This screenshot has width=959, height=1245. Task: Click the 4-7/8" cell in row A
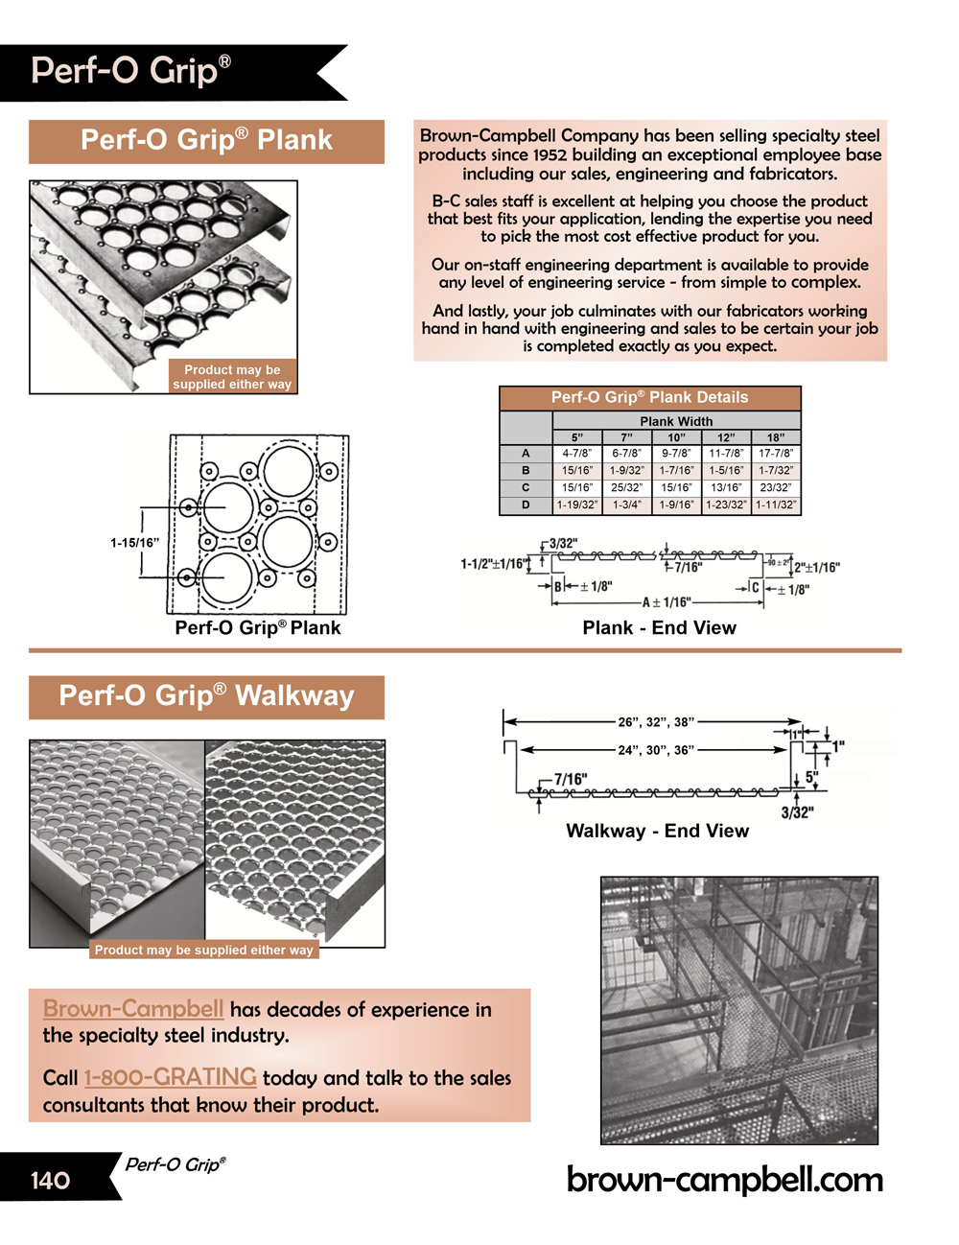tap(576, 454)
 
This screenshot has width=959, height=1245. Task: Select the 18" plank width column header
tap(775, 437)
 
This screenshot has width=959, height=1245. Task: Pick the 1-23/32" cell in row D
tap(726, 505)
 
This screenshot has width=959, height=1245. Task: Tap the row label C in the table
tap(526, 487)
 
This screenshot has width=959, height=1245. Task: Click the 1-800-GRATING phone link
tap(170, 1077)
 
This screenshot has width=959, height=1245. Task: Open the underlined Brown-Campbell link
tap(133, 1009)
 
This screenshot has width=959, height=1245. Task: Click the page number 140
tap(50, 1180)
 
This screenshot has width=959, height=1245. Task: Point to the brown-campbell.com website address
tap(724, 1179)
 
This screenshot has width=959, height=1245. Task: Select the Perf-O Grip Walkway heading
tap(206, 695)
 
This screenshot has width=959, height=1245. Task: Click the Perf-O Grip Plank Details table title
tap(649, 397)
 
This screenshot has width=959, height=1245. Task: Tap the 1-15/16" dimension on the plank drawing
tap(134, 543)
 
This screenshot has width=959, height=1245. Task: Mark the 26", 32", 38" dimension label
tap(656, 721)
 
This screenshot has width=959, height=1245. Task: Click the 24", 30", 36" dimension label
tap(655, 750)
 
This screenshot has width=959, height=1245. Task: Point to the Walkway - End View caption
tap(657, 831)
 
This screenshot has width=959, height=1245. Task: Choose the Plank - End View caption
tap(659, 628)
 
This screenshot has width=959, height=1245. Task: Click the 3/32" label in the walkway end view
tap(797, 813)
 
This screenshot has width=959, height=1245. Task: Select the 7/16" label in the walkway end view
tap(571, 780)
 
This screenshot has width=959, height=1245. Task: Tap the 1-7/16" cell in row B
tap(676, 471)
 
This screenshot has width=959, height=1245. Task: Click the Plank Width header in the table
tap(676, 421)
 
